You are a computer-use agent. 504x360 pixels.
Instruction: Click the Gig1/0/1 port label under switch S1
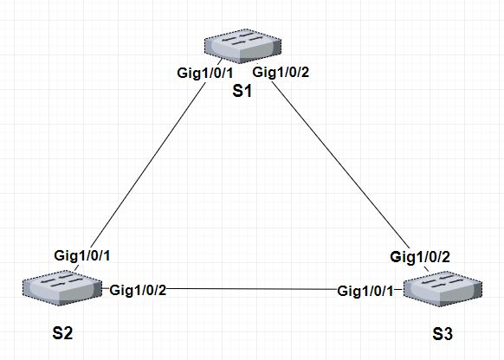tap(204, 73)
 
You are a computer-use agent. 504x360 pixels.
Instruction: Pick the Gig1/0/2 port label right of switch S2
tap(138, 289)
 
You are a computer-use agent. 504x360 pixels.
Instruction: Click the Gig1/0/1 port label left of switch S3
tap(365, 289)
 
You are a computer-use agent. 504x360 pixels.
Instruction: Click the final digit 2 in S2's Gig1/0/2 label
tap(162, 289)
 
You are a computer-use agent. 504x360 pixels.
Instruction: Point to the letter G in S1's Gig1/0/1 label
tap(181, 73)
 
